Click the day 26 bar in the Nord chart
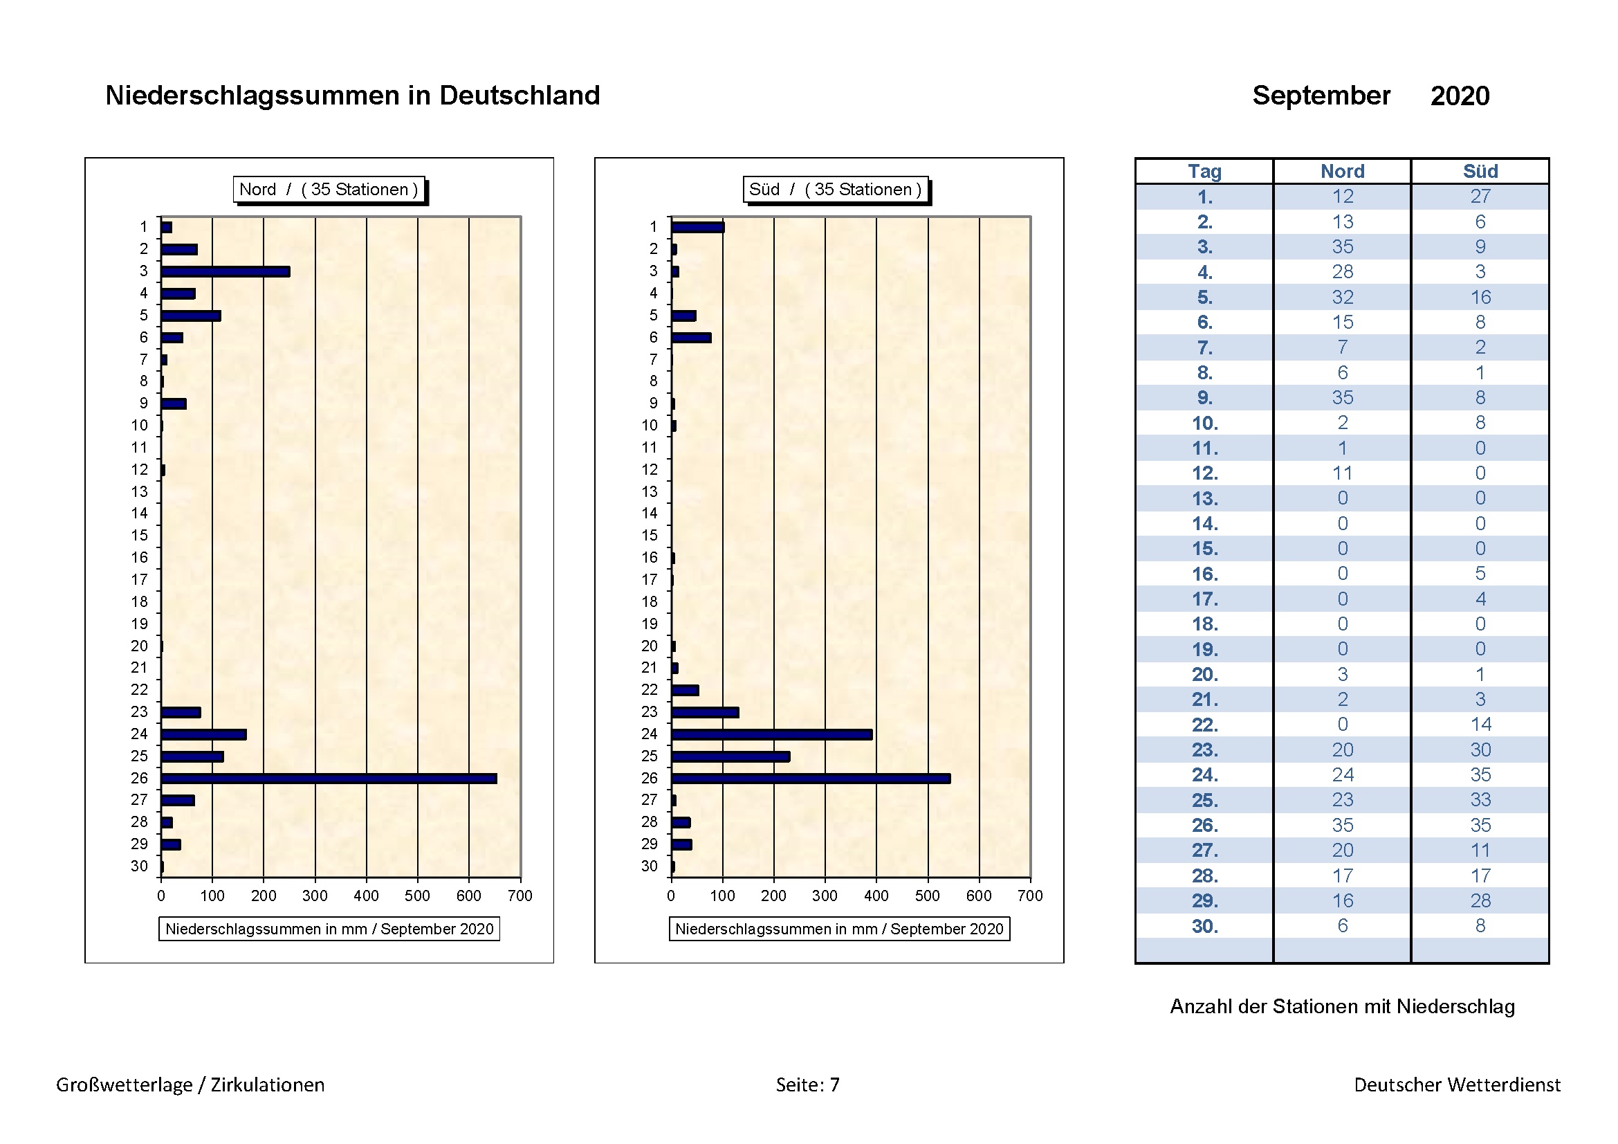(329, 778)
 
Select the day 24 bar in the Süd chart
(772, 734)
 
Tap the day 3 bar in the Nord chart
(226, 271)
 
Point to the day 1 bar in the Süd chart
(698, 227)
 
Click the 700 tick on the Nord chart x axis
(520, 895)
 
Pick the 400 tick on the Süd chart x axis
(876, 895)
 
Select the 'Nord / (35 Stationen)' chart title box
(329, 190)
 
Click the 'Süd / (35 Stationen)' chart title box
(835, 190)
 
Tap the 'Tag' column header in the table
(1204, 171)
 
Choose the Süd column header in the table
(1480, 171)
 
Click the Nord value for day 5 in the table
(1343, 298)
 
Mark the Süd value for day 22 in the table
(1480, 725)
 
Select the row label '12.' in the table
(1205, 473)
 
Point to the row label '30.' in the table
(1205, 926)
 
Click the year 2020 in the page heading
(1460, 96)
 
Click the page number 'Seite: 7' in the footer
(807, 1084)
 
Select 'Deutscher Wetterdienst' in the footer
(1457, 1084)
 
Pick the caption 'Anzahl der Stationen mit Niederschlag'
(1342, 1006)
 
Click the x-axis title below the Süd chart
(838, 929)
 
